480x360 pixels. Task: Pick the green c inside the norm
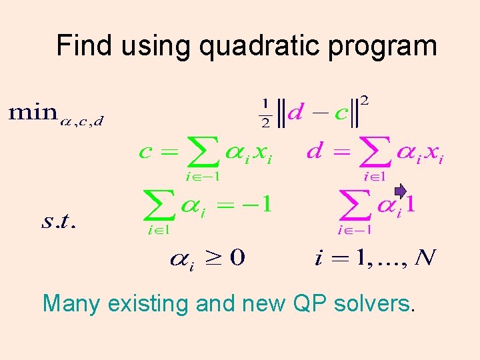(341, 114)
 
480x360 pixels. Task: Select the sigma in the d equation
(374, 155)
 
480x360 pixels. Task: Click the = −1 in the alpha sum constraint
(249, 205)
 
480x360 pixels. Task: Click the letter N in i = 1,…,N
(425, 257)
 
